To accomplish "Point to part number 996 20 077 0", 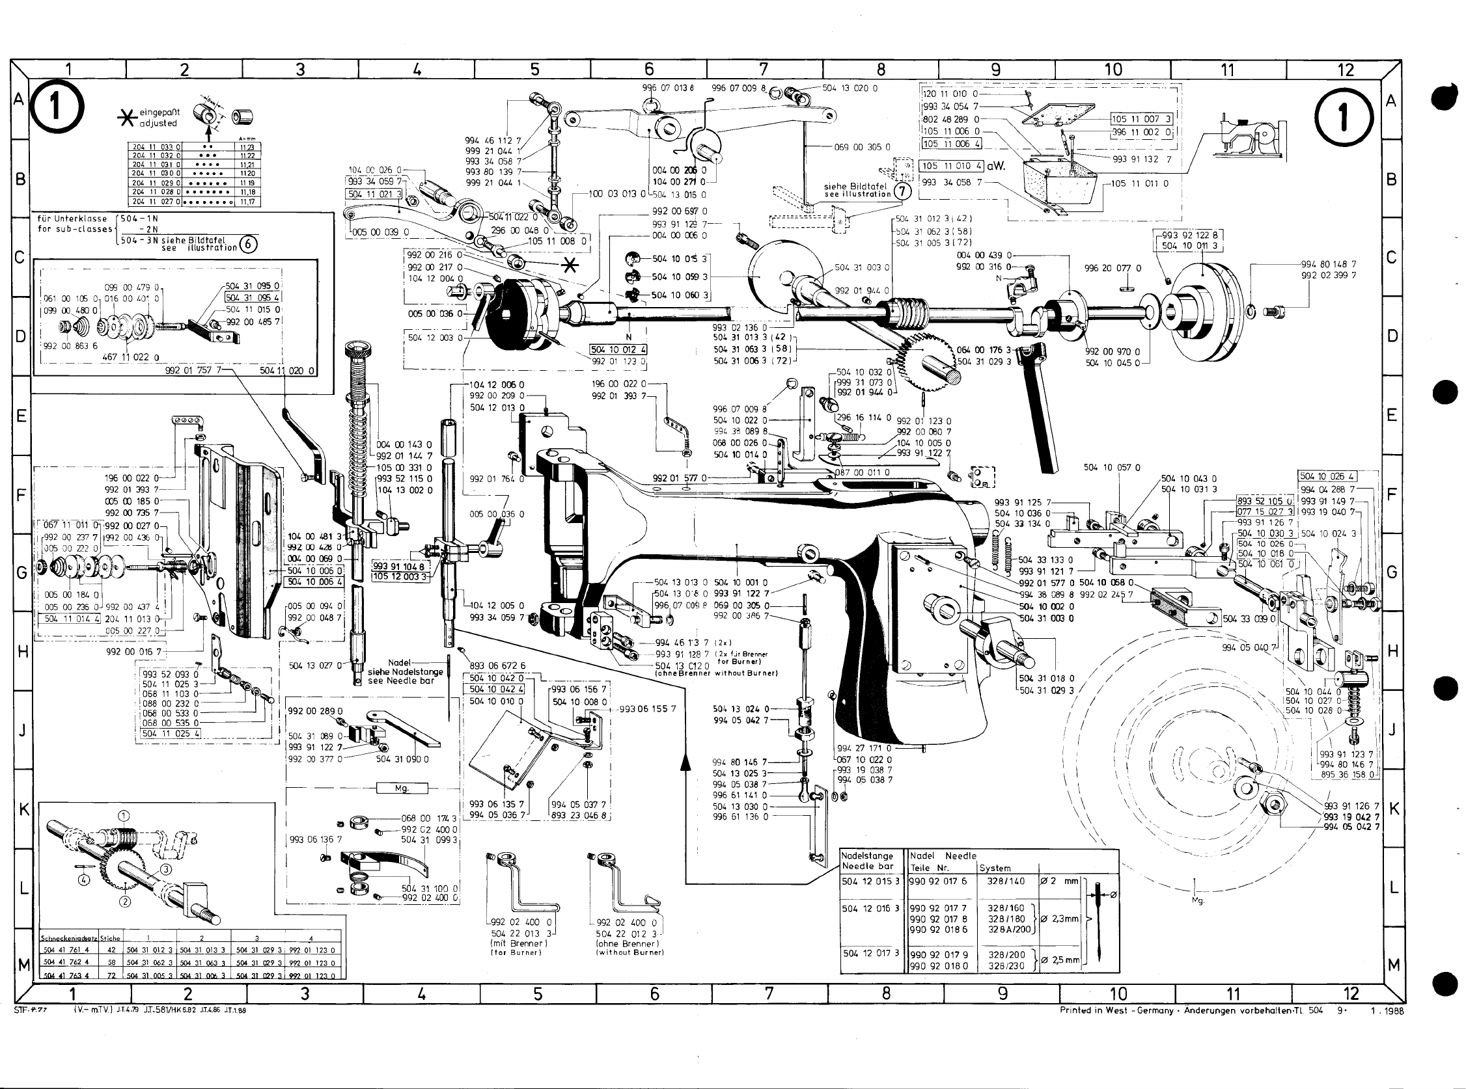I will pos(1113,269).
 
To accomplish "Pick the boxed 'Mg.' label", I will pos(402,788).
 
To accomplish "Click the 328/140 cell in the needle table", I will pos(1006,881).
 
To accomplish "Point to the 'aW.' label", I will pos(996,166).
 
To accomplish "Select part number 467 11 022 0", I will pos(131,357).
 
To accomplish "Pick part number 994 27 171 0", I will pos(864,748).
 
